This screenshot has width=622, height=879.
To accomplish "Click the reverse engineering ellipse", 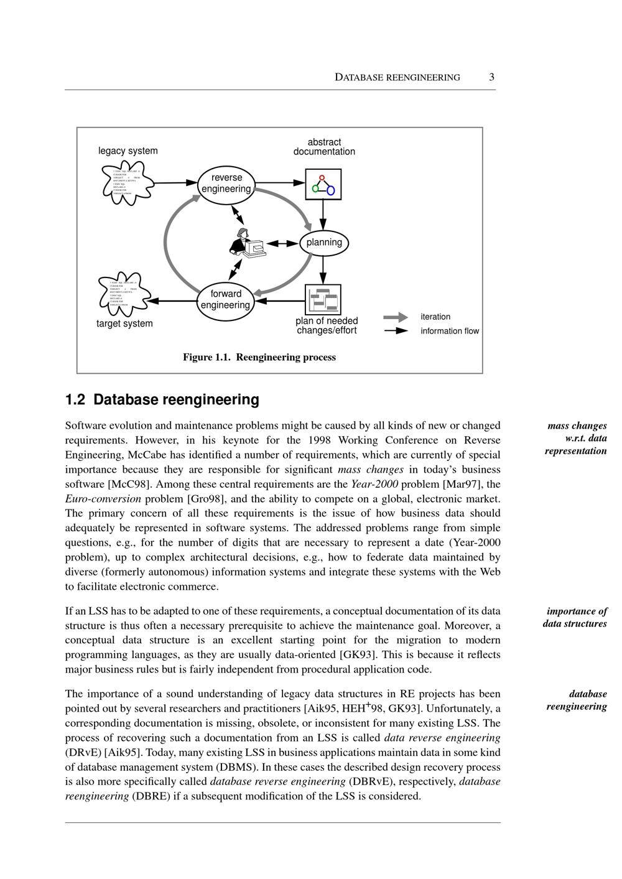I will pyautogui.click(x=226, y=184).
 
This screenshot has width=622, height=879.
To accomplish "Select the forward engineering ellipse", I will pyautogui.click(x=225, y=300).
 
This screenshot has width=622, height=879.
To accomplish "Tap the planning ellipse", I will pyautogui.click(x=324, y=243).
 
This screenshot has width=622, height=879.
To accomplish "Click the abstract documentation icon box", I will pyautogui.click(x=323, y=184).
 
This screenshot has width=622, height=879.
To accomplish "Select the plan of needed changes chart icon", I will pyautogui.click(x=323, y=300).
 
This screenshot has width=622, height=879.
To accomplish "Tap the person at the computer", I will pyautogui.click(x=246, y=243).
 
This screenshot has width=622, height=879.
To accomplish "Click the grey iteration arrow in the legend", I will pyautogui.click(x=396, y=317).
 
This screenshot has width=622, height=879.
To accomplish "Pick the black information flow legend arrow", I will pyautogui.click(x=396, y=331).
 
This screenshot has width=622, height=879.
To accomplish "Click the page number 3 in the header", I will pyautogui.click(x=491, y=77).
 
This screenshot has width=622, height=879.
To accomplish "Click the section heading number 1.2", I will pyautogui.click(x=75, y=399).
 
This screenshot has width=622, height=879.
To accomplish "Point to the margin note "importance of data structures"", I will pyautogui.click(x=575, y=617).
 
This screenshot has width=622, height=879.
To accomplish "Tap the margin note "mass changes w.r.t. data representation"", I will pyautogui.click(x=576, y=438).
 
